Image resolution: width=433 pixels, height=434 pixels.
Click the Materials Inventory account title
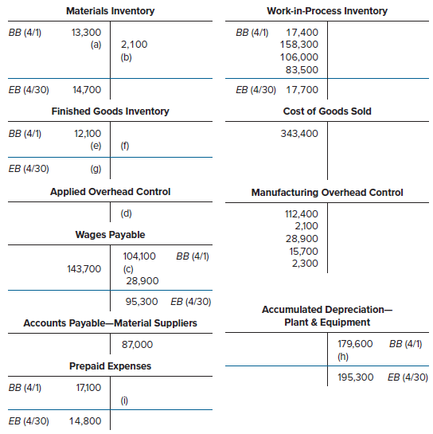click(110, 11)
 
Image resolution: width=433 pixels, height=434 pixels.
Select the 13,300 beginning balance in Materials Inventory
click(86, 33)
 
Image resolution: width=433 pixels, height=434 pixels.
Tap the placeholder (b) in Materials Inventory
click(126, 57)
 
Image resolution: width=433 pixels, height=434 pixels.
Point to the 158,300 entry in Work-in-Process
click(299, 45)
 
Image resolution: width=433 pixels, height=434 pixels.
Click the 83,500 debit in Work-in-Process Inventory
click(302, 70)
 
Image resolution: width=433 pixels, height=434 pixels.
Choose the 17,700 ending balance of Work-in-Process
click(302, 90)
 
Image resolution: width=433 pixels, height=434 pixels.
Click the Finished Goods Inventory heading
click(110, 111)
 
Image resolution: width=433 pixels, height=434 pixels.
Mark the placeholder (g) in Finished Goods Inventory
click(96, 169)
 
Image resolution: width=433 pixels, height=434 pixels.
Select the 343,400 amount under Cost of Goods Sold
click(299, 134)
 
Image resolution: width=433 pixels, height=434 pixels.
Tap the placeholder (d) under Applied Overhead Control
click(126, 213)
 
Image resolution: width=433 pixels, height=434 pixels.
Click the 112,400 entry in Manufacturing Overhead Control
click(302, 214)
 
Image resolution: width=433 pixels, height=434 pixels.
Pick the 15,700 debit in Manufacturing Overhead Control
click(304, 252)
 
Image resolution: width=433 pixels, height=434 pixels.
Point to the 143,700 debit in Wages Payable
click(84, 268)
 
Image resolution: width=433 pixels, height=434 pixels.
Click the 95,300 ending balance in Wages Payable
click(142, 302)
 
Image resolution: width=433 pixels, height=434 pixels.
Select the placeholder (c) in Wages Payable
click(128, 269)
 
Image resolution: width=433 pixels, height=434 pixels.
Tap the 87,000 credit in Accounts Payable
click(137, 345)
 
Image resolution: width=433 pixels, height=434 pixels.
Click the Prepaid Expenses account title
click(110, 366)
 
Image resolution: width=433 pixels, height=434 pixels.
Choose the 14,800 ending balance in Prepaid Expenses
click(85, 421)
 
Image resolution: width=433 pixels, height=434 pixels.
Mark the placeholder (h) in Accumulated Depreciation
click(343, 357)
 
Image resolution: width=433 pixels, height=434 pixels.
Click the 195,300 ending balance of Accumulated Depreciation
click(356, 377)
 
